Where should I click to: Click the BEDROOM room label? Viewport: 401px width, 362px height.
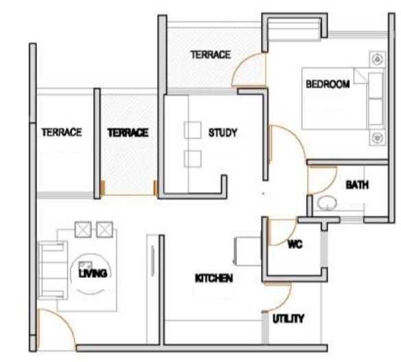coord(328,84)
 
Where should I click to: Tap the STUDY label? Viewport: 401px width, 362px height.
coord(222,132)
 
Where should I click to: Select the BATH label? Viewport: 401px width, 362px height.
coord(356,185)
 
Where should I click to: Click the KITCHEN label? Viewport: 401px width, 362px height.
coord(214,278)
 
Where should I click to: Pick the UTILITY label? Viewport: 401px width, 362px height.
coord(288,319)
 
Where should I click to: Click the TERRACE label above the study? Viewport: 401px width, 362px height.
coord(210,55)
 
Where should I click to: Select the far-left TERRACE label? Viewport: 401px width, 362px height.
coord(62,132)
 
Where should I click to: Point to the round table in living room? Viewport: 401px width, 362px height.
coord(87,267)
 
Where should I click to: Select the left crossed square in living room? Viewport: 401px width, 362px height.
coord(83,229)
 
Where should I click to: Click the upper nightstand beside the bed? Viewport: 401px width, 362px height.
coord(376,59)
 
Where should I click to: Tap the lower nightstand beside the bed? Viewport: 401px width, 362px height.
coord(376,138)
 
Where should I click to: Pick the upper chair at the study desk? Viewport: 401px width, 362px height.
coord(192,130)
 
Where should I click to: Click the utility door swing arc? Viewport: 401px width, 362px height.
coord(279,298)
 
